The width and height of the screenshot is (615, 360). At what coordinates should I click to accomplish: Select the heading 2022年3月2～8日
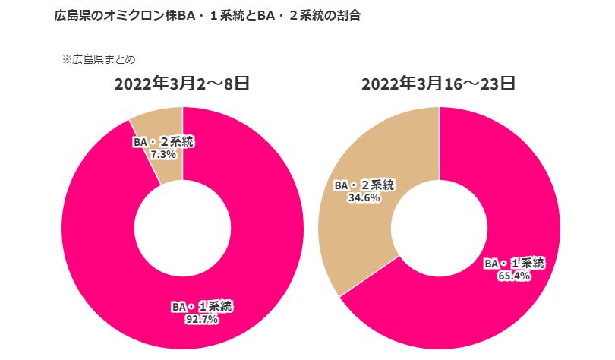click(x=181, y=84)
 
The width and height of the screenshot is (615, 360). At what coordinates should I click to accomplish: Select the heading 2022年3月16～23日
click(x=438, y=84)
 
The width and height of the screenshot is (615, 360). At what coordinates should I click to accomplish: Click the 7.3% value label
click(x=163, y=153)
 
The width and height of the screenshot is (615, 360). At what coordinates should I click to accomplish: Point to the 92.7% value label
click(x=203, y=320)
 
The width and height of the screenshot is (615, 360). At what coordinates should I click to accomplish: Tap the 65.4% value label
click(x=515, y=276)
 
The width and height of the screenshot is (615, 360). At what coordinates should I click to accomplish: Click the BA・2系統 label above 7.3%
click(x=162, y=141)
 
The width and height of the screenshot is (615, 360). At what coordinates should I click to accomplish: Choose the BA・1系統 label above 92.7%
click(x=202, y=307)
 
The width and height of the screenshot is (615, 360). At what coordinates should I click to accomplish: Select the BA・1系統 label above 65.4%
click(x=515, y=264)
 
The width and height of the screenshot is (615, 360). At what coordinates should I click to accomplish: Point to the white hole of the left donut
click(x=182, y=228)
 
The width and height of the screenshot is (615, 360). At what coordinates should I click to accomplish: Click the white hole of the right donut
click(x=439, y=228)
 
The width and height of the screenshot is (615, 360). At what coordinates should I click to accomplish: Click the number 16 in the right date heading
click(x=459, y=84)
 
